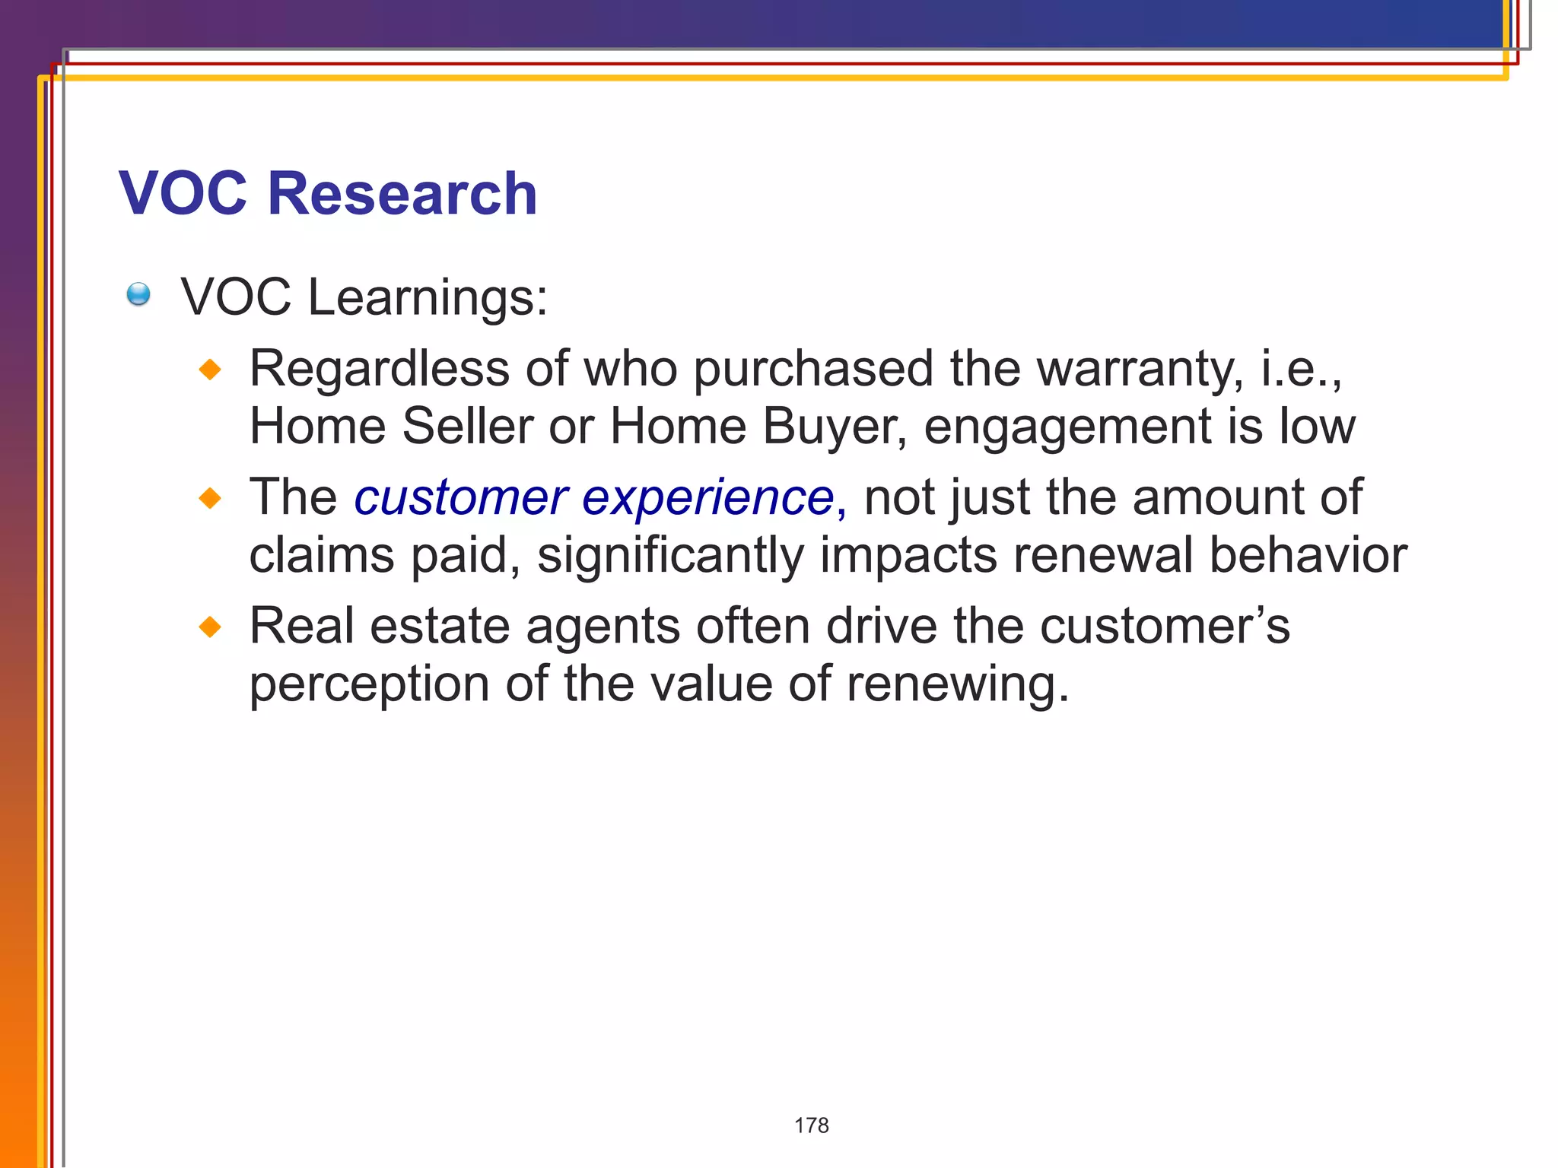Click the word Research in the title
pyautogui.click(x=402, y=193)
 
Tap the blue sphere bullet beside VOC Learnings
pyautogui.click(x=138, y=294)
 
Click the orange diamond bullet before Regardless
pyautogui.click(x=210, y=370)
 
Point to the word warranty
pyautogui.click(x=1140, y=370)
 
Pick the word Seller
pyautogui.click(x=467, y=426)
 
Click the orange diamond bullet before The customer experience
pyautogui.click(x=210, y=499)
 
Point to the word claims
pyautogui.click(x=322, y=555)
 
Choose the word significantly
pyautogui.click(x=670, y=557)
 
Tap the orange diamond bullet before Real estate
pyautogui.click(x=210, y=627)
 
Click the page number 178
pyautogui.click(x=811, y=1125)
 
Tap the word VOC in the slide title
pyautogui.click(x=183, y=193)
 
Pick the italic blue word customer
pyautogui.click(x=461, y=499)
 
